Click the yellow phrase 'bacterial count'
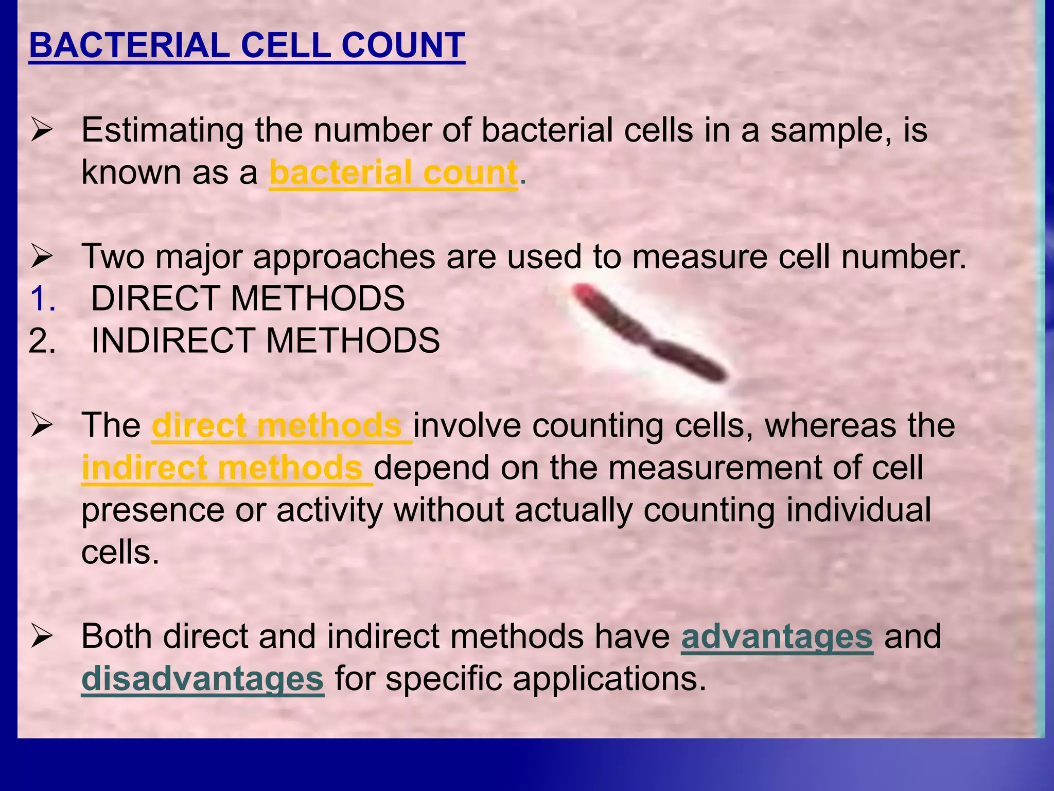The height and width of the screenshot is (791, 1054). point(393,173)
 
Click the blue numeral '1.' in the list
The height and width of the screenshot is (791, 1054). point(42,299)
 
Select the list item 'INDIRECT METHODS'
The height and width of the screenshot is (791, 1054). point(266,340)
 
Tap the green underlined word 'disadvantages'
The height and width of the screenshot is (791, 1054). point(203,679)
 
